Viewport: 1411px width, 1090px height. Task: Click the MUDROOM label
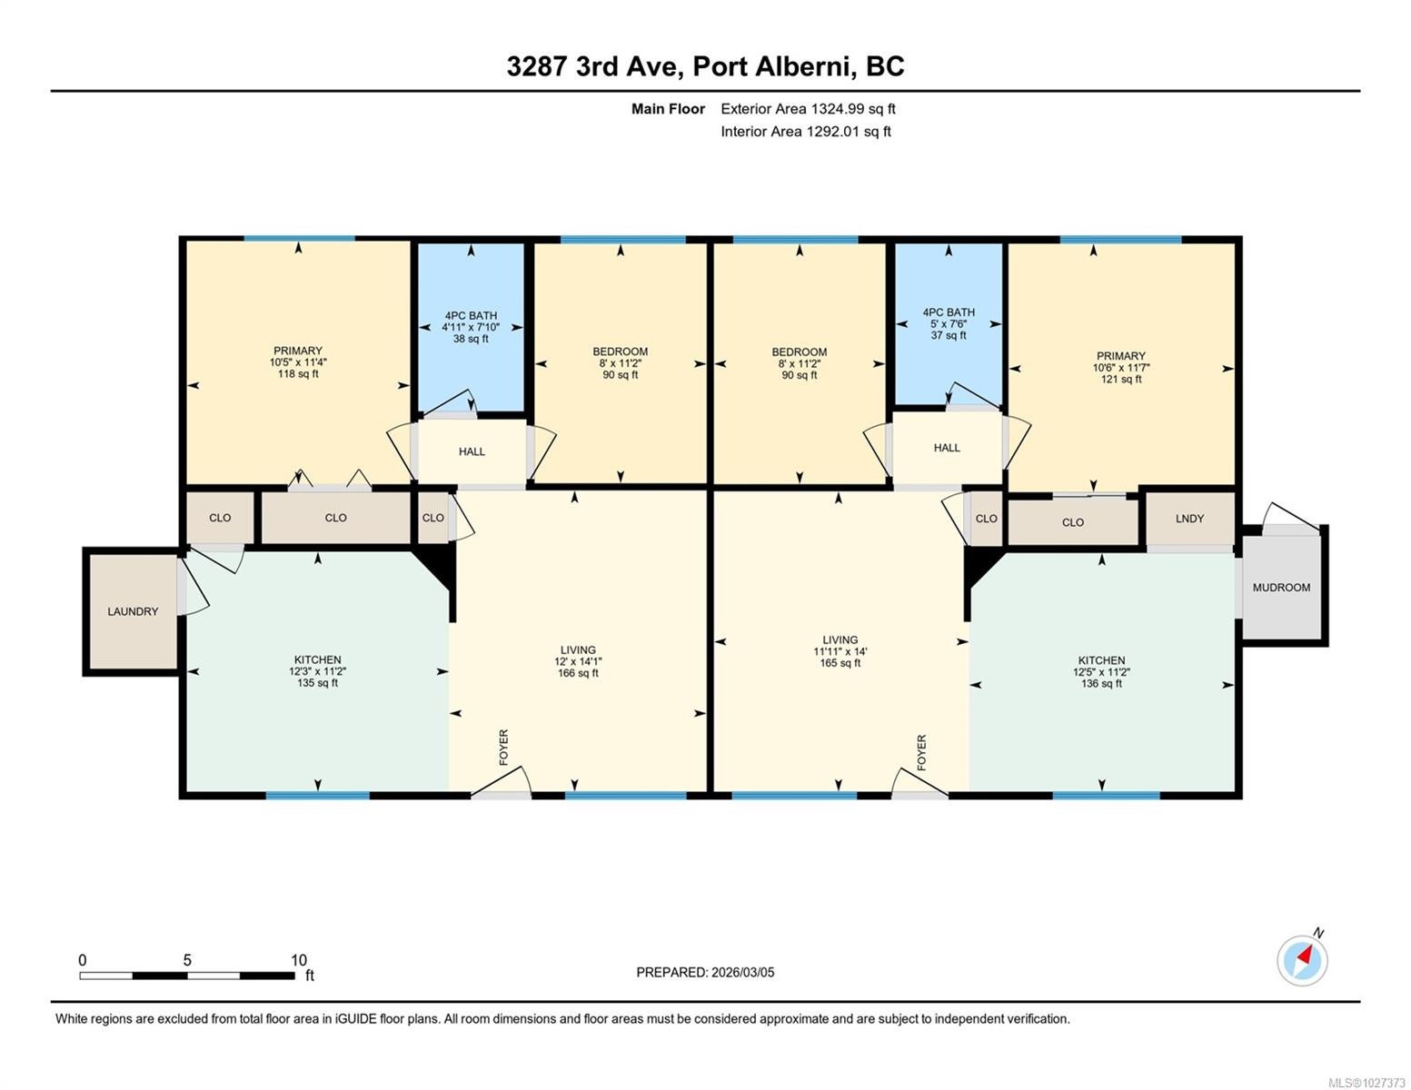[x=1280, y=588]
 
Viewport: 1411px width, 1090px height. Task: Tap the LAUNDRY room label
[x=133, y=611]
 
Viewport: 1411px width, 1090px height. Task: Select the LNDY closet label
[x=1189, y=519]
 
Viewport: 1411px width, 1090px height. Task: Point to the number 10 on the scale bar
[x=299, y=960]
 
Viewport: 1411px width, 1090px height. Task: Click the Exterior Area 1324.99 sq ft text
[x=808, y=109]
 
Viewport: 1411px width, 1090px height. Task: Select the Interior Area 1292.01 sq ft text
[x=805, y=132]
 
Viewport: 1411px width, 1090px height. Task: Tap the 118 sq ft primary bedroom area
[x=298, y=374]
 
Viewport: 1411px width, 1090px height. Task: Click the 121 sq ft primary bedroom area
[x=1121, y=379]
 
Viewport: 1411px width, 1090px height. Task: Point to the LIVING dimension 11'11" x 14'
[x=840, y=651]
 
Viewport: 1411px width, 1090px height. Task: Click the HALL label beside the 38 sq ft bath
[x=472, y=451]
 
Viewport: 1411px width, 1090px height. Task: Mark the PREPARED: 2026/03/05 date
[x=705, y=973]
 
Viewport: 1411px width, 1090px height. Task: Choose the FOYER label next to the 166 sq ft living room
[x=504, y=748]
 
